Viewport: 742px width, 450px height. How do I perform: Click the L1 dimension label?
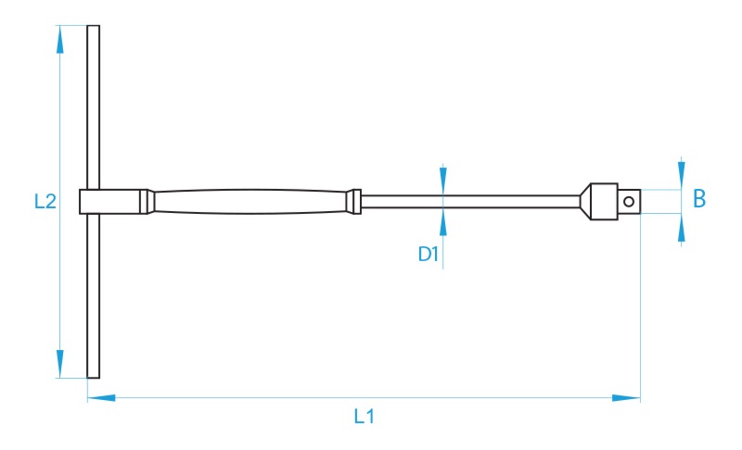coord(364,416)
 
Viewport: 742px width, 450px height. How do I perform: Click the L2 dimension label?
coord(45,201)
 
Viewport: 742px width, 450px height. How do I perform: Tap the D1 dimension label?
coord(428,254)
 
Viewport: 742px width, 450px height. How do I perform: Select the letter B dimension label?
coord(699,198)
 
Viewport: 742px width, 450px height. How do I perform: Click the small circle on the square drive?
coord(629,202)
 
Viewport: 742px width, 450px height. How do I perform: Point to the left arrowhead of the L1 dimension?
coord(101,398)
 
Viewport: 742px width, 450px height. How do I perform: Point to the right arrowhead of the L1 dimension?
coord(626,398)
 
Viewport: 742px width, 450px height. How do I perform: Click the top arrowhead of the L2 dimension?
coord(59,39)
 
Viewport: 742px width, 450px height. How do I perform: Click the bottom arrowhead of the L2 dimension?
coord(59,364)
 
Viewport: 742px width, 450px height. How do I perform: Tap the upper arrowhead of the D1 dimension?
coord(443,181)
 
